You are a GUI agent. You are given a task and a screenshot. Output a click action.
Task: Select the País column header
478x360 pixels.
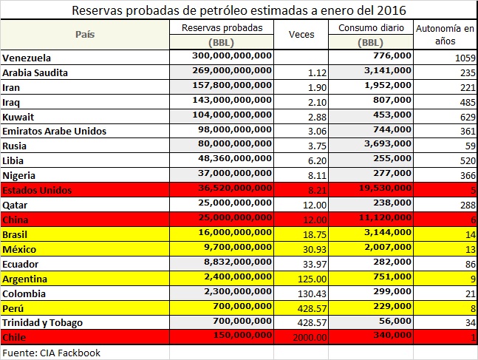86,35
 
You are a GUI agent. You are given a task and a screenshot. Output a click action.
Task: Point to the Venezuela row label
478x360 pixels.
30,57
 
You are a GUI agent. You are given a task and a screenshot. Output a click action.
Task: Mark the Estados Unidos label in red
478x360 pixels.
37,190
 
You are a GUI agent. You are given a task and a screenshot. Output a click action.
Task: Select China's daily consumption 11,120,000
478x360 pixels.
382,220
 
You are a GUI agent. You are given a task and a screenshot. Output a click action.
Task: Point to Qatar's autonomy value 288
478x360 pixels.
465,205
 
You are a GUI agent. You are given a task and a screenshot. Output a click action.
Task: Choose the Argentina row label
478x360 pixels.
26,279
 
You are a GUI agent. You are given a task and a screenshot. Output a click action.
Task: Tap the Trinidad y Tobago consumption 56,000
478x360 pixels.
391,323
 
